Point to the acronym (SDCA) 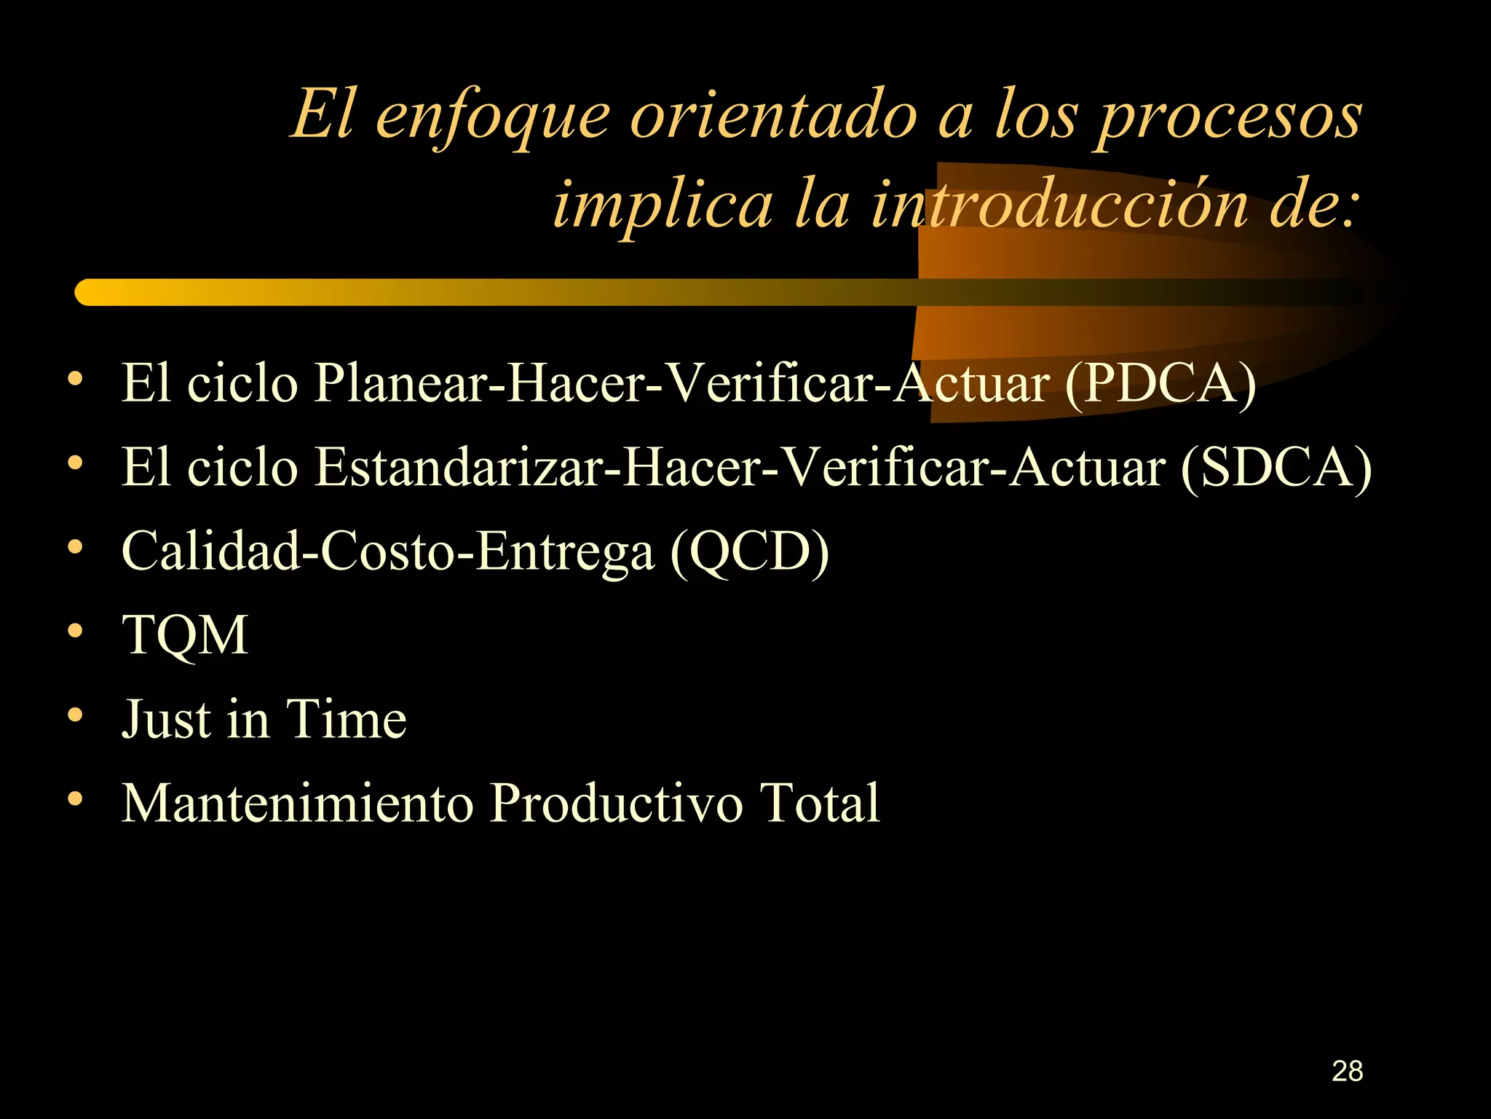click(x=1276, y=467)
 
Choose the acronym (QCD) click(x=749, y=551)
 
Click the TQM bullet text click(x=185, y=635)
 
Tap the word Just click(x=166, y=719)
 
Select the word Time click(x=346, y=719)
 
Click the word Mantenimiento click(x=298, y=803)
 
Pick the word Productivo click(x=616, y=803)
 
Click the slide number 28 click(x=1347, y=1071)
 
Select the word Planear click(x=400, y=383)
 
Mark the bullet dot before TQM click(x=75, y=631)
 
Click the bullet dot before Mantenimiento click(x=75, y=798)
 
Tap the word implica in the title click(x=663, y=205)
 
